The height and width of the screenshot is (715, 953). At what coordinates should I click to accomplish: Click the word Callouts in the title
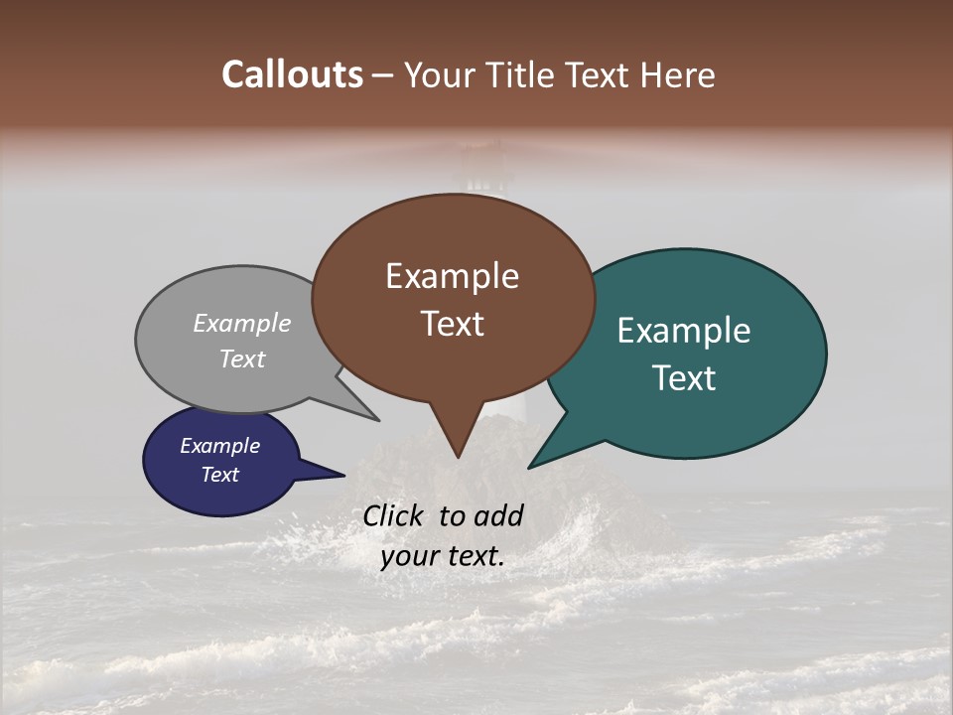[x=292, y=74]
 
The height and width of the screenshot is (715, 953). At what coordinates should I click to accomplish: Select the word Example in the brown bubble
[x=452, y=276]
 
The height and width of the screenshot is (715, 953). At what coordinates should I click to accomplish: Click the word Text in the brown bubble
[x=452, y=324]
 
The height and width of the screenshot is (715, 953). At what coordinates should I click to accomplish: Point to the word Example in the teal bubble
[x=684, y=331]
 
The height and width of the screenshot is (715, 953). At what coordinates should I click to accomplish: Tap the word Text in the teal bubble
[x=684, y=378]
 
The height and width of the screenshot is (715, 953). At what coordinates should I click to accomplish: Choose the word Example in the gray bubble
[x=242, y=323]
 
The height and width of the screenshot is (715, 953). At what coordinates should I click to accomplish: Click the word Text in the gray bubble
[x=242, y=358]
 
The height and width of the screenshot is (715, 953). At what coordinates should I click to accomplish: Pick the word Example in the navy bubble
[x=220, y=446]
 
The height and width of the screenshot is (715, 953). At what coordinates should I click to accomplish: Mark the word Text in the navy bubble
[x=220, y=475]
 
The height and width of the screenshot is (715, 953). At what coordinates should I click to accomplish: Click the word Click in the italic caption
[x=395, y=515]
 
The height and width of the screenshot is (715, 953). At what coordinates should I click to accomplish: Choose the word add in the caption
[x=498, y=515]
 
